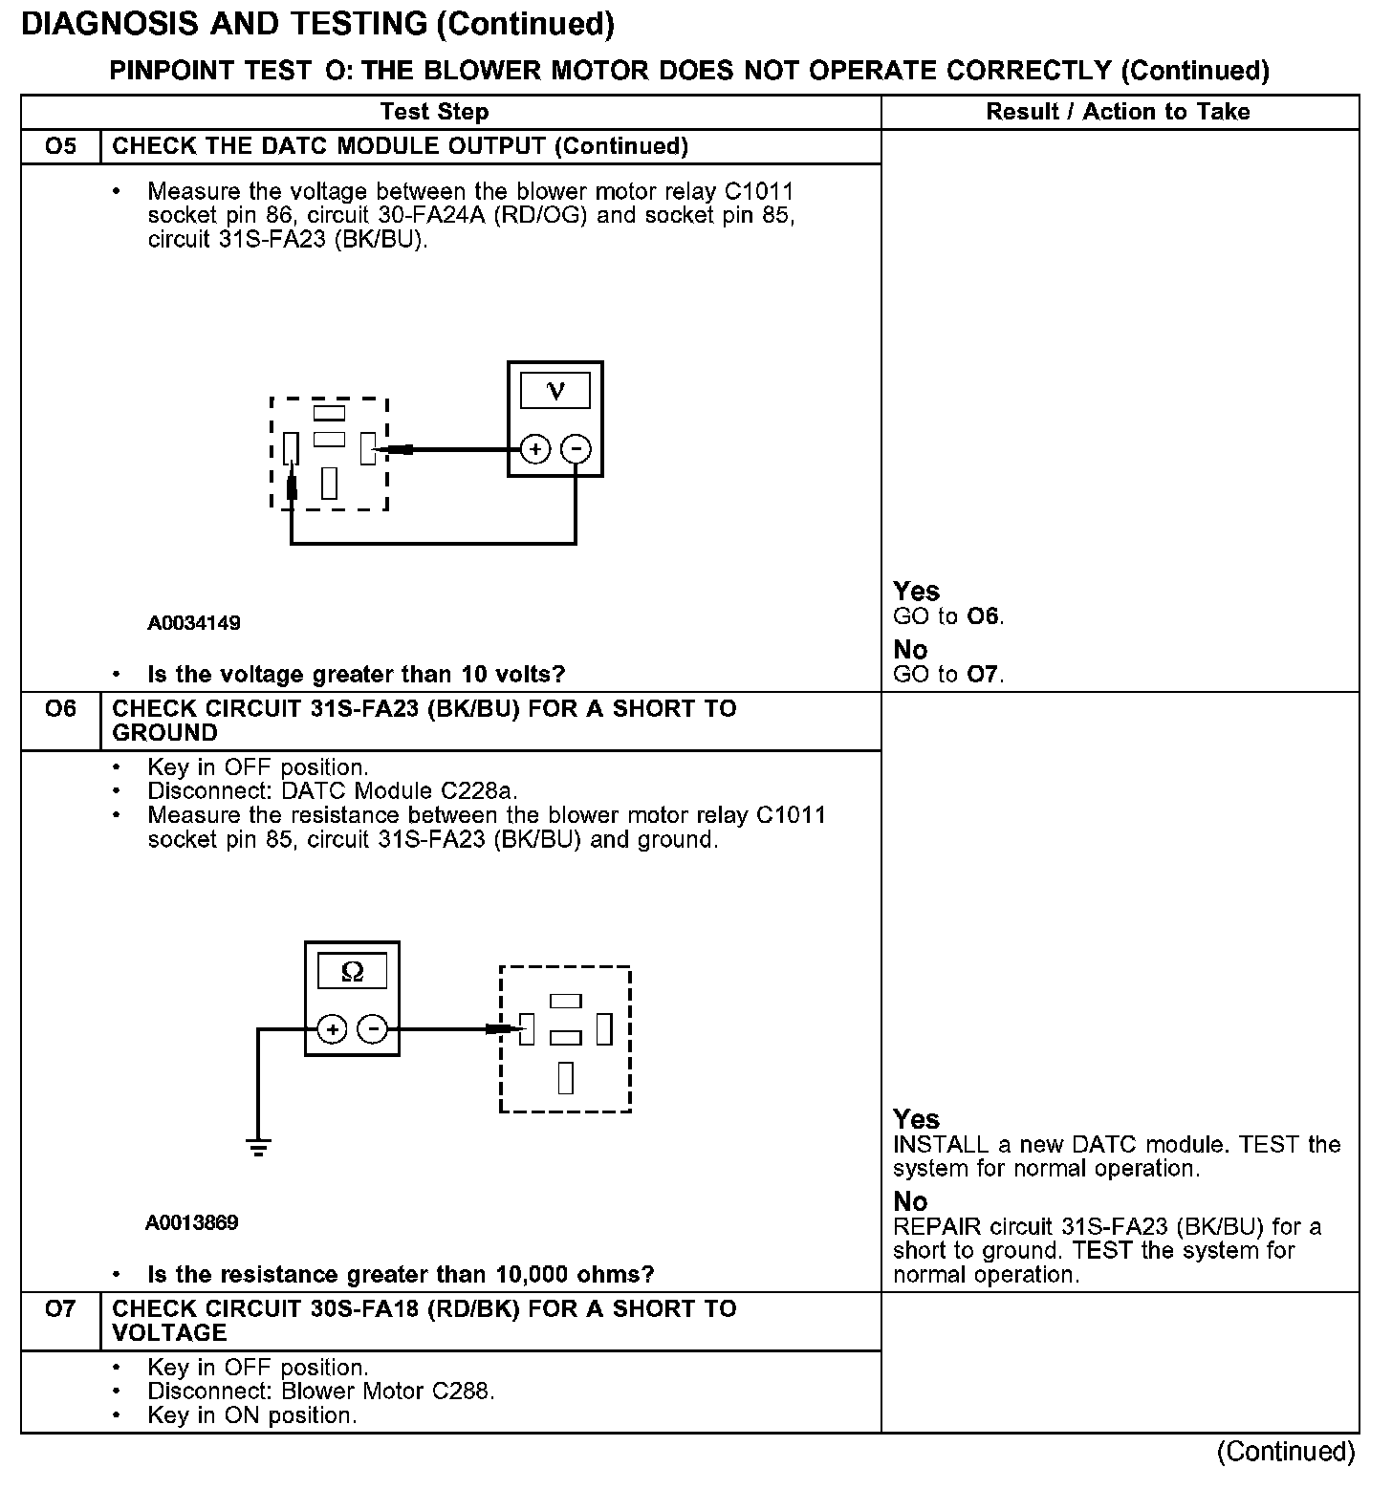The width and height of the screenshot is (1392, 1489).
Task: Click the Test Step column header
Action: (x=434, y=112)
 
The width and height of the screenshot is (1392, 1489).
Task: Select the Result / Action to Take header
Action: (x=1118, y=112)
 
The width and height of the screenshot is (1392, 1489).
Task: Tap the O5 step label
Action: (x=60, y=146)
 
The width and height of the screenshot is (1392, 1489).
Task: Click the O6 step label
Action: (x=60, y=709)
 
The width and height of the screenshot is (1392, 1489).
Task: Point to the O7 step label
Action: (x=60, y=1308)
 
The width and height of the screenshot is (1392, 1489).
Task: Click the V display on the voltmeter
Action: (x=555, y=390)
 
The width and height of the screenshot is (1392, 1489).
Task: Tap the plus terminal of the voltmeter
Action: (x=535, y=448)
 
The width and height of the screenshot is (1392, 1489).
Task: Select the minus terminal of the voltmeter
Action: (x=576, y=448)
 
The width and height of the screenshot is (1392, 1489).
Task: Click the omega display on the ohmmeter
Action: (x=352, y=971)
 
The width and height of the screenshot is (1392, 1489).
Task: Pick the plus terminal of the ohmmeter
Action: (x=332, y=1029)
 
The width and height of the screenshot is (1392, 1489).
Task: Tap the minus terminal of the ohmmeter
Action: (x=372, y=1029)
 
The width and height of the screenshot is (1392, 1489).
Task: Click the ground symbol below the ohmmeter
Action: (x=258, y=1147)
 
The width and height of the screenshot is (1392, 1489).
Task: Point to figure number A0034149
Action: (x=194, y=623)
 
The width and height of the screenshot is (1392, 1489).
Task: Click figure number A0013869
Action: (x=192, y=1222)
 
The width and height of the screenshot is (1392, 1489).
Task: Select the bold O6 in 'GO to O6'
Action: (x=983, y=616)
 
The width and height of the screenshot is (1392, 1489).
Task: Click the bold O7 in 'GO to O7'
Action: (x=983, y=675)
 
